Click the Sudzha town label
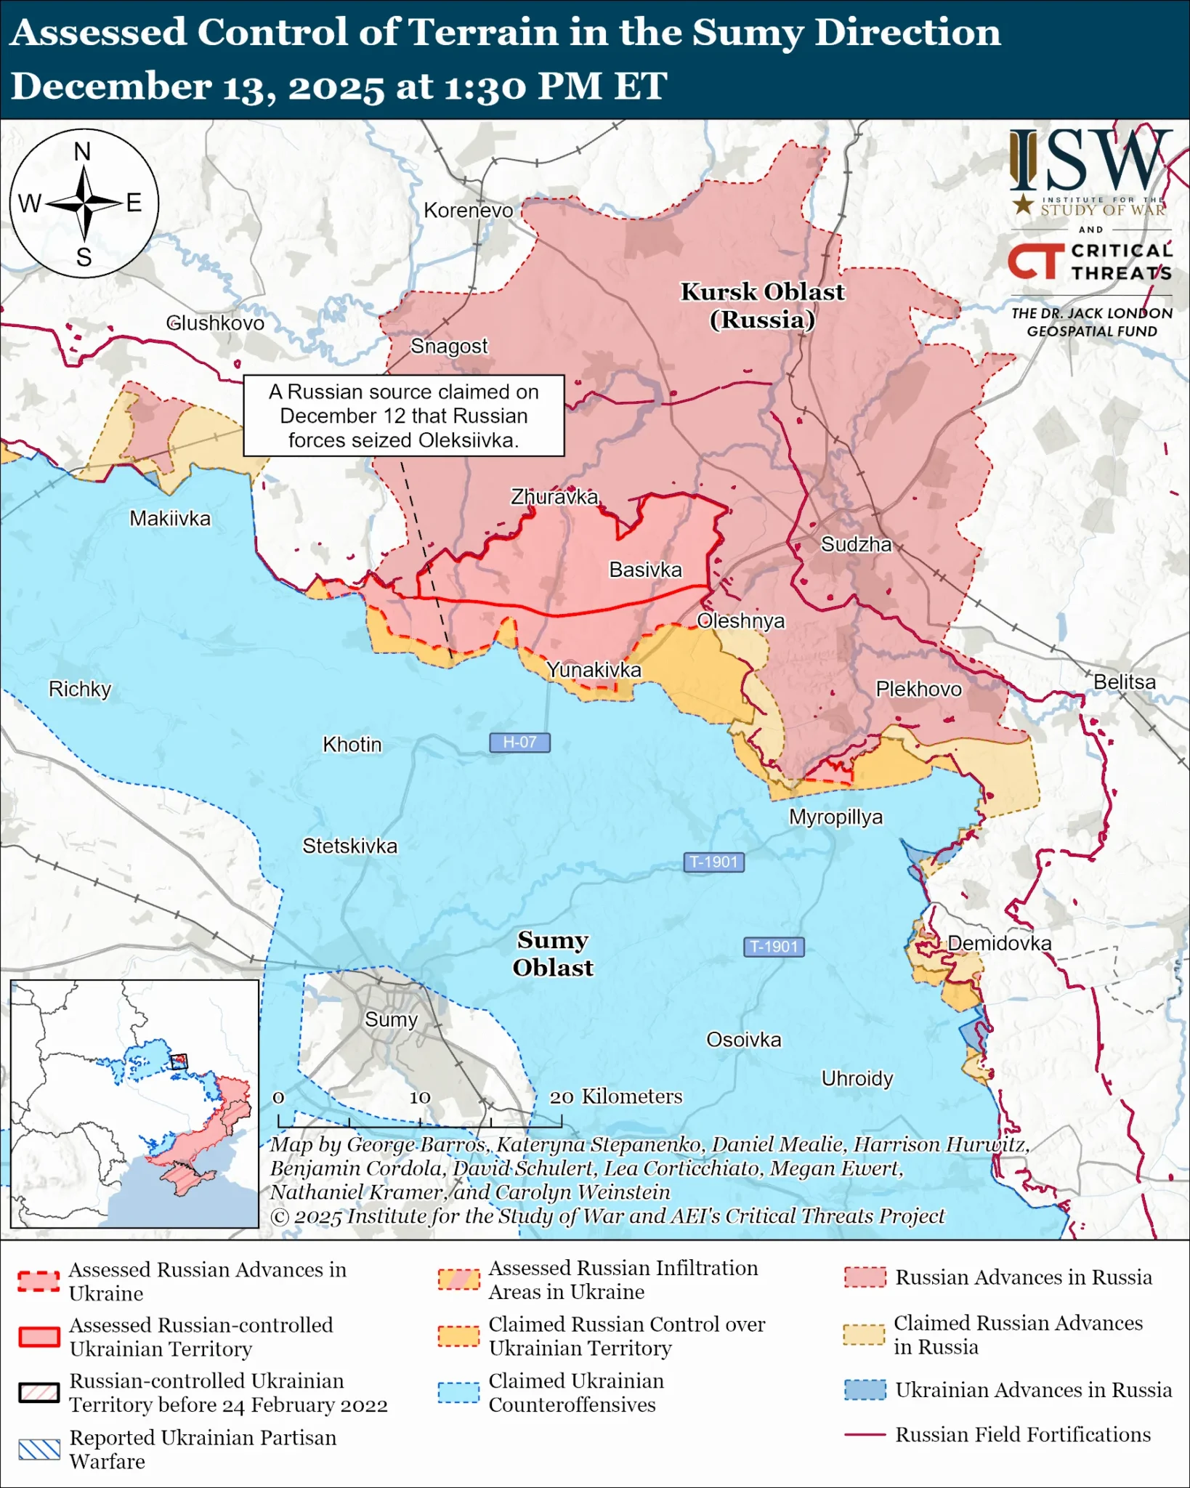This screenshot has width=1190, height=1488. [x=856, y=544]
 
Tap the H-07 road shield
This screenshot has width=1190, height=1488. [x=519, y=742]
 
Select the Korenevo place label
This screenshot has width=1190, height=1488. [x=468, y=211]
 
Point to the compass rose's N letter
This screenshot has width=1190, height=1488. [x=82, y=152]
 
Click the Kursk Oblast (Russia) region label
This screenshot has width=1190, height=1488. [x=762, y=305]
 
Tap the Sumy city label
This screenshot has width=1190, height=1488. [x=391, y=1019]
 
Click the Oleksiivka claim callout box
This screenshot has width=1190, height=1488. [x=404, y=416]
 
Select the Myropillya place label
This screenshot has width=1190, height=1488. [x=835, y=817]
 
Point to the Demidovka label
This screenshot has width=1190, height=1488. [x=999, y=943]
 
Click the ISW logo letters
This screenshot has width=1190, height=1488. [x=1090, y=161]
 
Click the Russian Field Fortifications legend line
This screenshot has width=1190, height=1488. [x=865, y=1435]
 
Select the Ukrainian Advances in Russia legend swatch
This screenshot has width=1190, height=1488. [x=865, y=1389]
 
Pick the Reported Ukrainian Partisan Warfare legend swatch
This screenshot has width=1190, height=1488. [x=39, y=1449]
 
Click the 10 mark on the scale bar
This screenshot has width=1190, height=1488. [x=420, y=1098]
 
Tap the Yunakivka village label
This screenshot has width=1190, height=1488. [x=594, y=670]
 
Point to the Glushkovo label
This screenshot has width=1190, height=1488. [x=215, y=323]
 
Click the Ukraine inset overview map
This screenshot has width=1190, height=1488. [x=135, y=1103]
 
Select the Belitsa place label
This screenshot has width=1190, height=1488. [x=1124, y=682]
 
